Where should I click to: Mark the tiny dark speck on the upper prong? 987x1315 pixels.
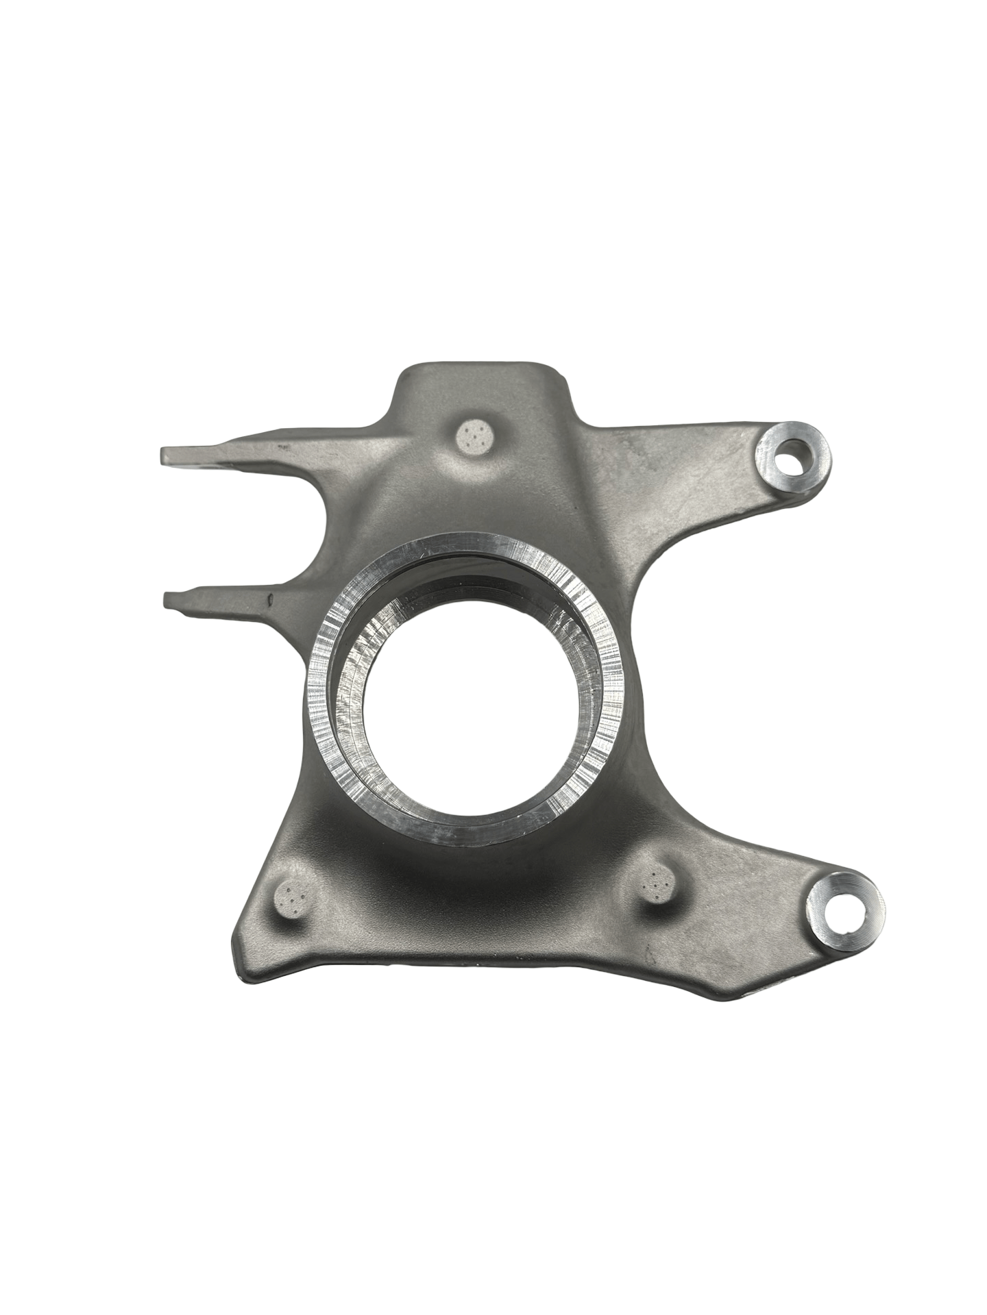[280, 445]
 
